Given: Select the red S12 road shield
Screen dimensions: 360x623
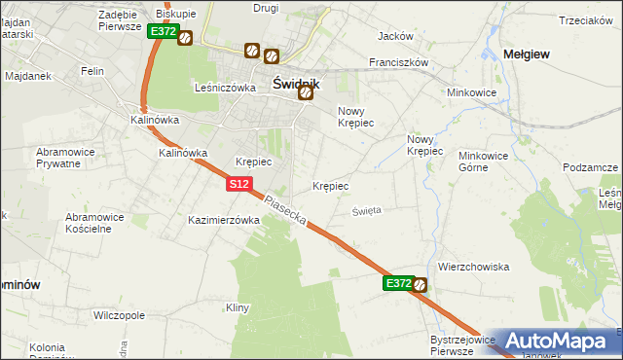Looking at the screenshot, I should [240, 184].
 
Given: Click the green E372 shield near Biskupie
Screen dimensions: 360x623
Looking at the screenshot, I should [163, 31].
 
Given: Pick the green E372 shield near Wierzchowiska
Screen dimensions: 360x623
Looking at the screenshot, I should [396, 283].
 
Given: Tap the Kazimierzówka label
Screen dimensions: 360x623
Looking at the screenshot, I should [224, 221].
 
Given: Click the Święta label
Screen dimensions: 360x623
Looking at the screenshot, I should [366, 209].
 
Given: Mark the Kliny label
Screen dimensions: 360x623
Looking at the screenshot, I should [238, 307].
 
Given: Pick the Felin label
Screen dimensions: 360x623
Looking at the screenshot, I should [92, 72].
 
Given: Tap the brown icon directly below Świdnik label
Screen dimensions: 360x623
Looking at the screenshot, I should [306, 93].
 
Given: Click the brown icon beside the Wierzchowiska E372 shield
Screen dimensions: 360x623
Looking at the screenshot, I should [420, 284].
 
